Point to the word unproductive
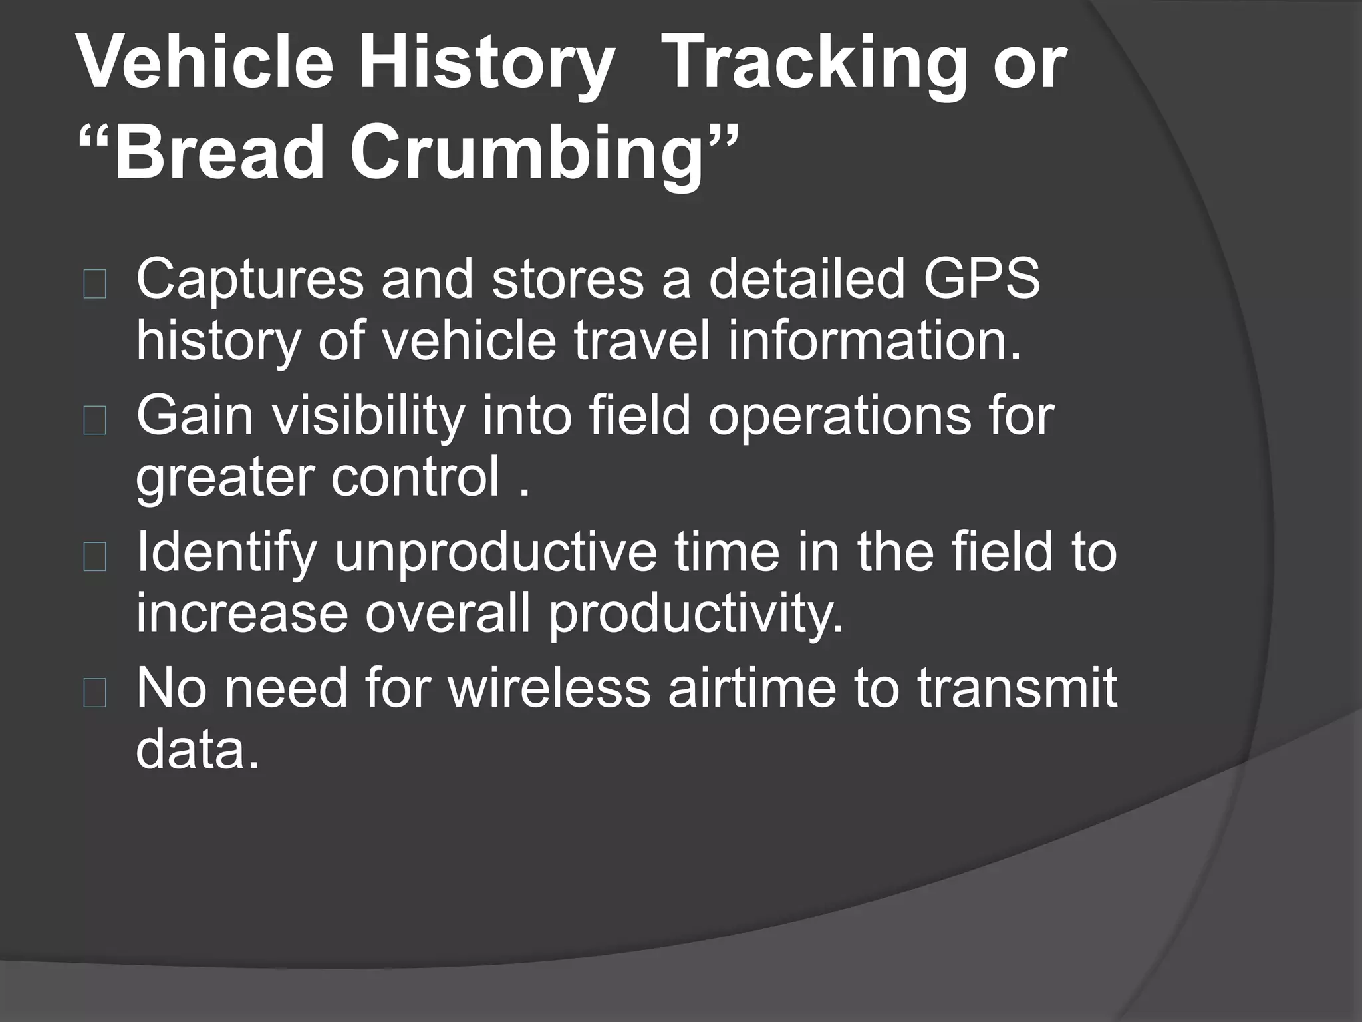(x=495, y=554)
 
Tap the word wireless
(x=549, y=689)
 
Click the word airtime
(x=751, y=689)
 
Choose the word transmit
(x=1017, y=689)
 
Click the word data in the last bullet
(x=197, y=749)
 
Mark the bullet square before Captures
(x=95, y=285)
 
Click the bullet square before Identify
(x=95, y=558)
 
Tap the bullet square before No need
(x=95, y=693)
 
